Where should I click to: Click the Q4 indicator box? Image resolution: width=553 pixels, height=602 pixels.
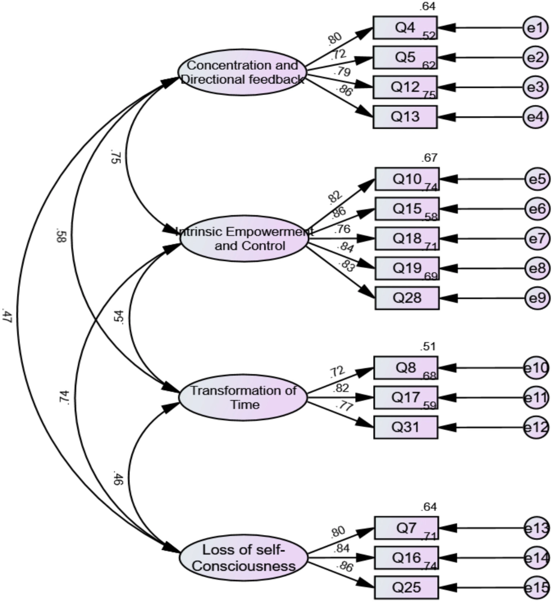click(405, 28)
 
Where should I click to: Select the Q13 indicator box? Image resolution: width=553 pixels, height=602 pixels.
click(405, 117)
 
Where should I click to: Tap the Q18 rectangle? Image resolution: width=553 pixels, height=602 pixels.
click(407, 238)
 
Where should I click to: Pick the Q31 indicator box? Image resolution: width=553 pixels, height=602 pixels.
click(406, 427)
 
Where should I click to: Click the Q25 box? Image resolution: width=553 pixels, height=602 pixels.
click(406, 587)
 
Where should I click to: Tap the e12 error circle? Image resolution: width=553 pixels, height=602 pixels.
click(536, 428)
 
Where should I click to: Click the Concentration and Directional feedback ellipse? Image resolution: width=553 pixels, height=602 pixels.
click(242, 72)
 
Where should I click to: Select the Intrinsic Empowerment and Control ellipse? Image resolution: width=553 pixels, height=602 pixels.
click(244, 239)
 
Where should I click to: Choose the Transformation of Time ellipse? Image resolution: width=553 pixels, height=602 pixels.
click(243, 397)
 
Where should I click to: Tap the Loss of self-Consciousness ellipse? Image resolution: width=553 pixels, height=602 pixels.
click(244, 558)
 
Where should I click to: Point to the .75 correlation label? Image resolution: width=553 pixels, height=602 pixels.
click(116, 158)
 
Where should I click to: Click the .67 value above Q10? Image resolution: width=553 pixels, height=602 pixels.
click(428, 158)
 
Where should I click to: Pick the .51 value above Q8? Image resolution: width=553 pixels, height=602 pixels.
click(428, 347)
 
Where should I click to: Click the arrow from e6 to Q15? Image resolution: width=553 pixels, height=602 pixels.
click(483, 209)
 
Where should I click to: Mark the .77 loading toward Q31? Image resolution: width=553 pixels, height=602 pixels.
click(344, 406)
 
